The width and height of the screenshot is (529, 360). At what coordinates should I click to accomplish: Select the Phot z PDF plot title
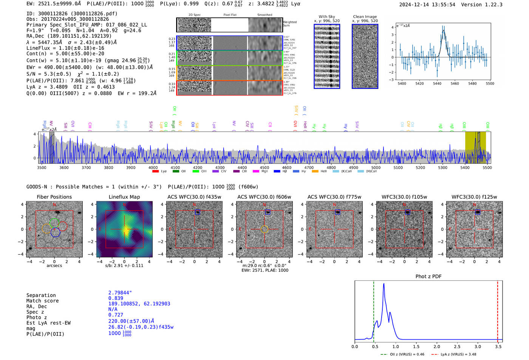point(428,276)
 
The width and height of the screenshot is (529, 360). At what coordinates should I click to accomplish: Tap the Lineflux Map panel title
point(124,197)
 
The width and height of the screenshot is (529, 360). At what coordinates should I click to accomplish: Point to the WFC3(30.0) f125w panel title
point(474,197)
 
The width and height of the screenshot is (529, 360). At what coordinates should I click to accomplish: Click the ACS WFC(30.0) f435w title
point(194,197)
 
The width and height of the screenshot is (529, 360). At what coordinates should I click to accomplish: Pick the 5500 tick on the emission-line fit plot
point(490,83)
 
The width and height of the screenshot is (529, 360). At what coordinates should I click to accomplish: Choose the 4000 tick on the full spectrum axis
point(153,168)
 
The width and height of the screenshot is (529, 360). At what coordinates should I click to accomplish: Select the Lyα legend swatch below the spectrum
point(155,172)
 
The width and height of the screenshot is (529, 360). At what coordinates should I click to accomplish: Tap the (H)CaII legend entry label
point(371,172)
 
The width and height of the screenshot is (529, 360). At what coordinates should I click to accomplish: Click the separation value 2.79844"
point(120,293)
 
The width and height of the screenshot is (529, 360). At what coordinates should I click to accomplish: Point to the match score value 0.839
point(116,298)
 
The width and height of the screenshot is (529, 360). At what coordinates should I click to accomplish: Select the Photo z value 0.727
point(116,315)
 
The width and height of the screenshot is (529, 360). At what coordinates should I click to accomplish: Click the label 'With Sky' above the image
point(326,17)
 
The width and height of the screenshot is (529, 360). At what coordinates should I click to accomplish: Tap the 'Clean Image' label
point(365,17)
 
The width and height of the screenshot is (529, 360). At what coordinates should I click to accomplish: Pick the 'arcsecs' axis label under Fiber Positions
point(54,266)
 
